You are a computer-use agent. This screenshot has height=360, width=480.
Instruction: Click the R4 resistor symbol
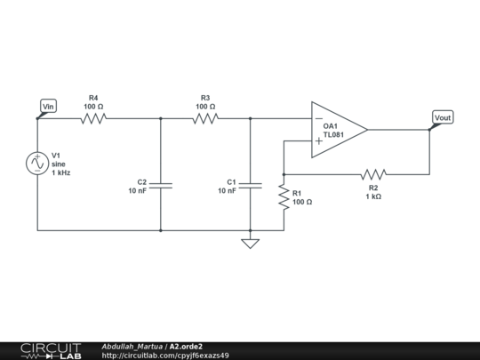click(93, 118)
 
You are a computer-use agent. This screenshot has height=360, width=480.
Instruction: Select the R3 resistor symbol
click(205, 118)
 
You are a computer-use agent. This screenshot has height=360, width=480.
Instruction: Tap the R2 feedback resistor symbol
click(373, 174)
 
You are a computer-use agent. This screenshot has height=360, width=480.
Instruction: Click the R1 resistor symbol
click(284, 197)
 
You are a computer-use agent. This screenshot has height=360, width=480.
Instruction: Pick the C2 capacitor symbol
click(161, 186)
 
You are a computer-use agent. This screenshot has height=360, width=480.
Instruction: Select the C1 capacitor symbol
click(251, 186)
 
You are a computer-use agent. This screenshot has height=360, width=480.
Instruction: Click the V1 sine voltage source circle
click(38, 164)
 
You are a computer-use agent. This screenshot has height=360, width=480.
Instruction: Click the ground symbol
click(251, 242)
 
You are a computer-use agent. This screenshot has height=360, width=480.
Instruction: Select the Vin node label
click(49, 107)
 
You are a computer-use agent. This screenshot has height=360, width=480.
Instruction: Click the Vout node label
click(442, 117)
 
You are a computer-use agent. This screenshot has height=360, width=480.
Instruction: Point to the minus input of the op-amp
click(318, 119)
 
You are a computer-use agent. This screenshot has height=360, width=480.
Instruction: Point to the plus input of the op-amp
click(318, 140)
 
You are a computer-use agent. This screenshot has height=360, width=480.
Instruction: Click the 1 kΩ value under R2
click(373, 196)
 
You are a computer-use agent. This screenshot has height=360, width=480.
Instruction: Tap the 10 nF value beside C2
click(138, 191)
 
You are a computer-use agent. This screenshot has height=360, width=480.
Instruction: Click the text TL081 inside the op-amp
click(334, 135)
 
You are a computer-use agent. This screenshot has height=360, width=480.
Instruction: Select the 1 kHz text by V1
click(61, 173)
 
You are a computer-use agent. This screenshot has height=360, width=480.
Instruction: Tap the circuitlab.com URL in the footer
click(165, 356)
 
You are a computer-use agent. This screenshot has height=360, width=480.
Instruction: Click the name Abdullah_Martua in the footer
click(132, 346)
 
